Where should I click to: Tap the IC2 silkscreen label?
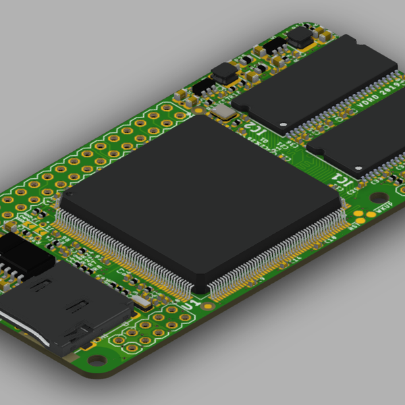(x=250, y=123)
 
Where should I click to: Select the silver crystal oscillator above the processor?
(x=222, y=111)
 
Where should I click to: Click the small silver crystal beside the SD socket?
(x=141, y=302)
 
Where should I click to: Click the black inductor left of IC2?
(x=223, y=73)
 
